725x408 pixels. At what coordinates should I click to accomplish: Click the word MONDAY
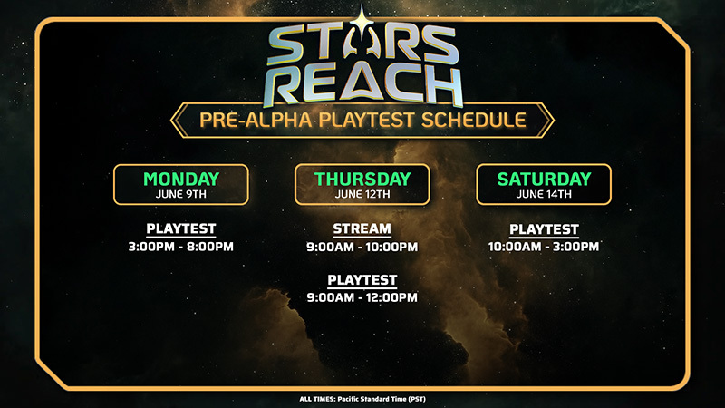pos(181,179)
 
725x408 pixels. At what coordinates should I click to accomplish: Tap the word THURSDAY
pos(362,179)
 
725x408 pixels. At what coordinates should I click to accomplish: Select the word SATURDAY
pos(544,179)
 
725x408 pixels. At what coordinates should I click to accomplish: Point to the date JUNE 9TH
pos(181,194)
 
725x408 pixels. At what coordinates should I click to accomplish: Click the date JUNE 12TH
pos(362,194)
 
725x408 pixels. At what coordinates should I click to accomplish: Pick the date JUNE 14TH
pos(544,194)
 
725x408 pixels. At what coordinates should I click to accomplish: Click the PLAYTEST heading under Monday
pos(181,228)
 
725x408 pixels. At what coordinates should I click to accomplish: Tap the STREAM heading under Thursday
pos(362,228)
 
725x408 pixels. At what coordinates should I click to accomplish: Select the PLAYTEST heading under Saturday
pos(544,229)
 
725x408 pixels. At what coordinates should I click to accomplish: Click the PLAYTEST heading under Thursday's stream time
pos(362,280)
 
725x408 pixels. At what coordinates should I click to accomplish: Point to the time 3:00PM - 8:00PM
pos(180,247)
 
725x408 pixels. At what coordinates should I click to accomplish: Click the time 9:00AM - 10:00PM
pos(362,247)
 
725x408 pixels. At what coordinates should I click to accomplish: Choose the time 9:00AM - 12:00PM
pos(362,297)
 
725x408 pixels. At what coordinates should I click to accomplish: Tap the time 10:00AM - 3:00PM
pos(544,247)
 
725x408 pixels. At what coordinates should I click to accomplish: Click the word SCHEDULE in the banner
pos(474,121)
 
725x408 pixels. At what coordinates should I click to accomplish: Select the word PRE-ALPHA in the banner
pos(256,121)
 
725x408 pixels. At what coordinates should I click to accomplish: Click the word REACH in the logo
pos(365,85)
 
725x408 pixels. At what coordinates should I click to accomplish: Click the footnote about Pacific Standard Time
pos(362,399)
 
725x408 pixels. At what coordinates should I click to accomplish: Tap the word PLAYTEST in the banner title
pos(367,121)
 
